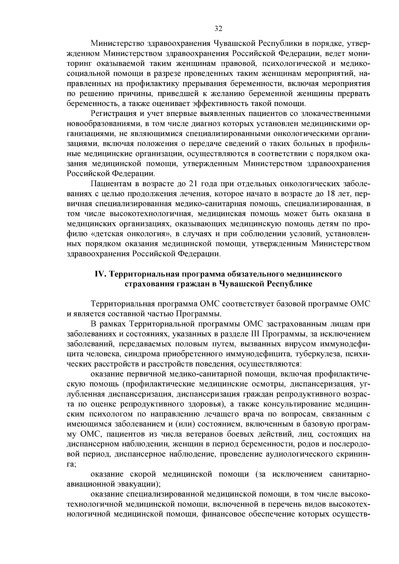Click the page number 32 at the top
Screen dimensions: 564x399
point(218,28)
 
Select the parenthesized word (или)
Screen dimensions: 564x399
point(184,424)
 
